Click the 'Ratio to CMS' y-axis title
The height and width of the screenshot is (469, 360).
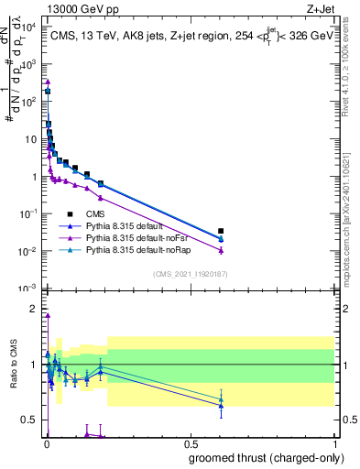(x=13, y=366)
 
